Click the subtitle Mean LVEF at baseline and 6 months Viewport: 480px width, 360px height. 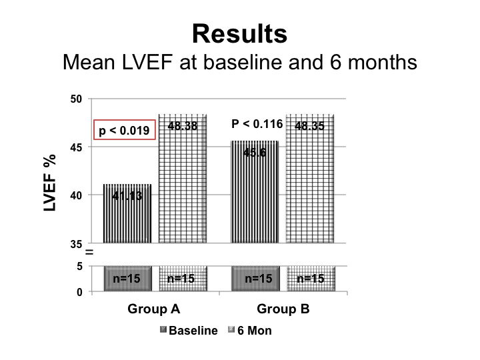(239, 63)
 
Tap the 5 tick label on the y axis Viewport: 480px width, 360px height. (79, 267)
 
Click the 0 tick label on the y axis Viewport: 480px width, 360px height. (79, 292)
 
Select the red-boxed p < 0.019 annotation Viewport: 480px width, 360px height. (125, 131)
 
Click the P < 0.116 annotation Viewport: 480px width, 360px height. (257, 124)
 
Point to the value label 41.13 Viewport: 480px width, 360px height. (127, 196)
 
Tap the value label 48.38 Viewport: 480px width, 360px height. (182, 125)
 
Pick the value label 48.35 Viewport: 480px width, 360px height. (309, 125)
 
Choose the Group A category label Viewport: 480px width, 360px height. (155, 310)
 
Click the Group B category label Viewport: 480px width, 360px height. (283, 310)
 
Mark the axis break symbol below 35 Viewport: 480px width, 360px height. (88, 253)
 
